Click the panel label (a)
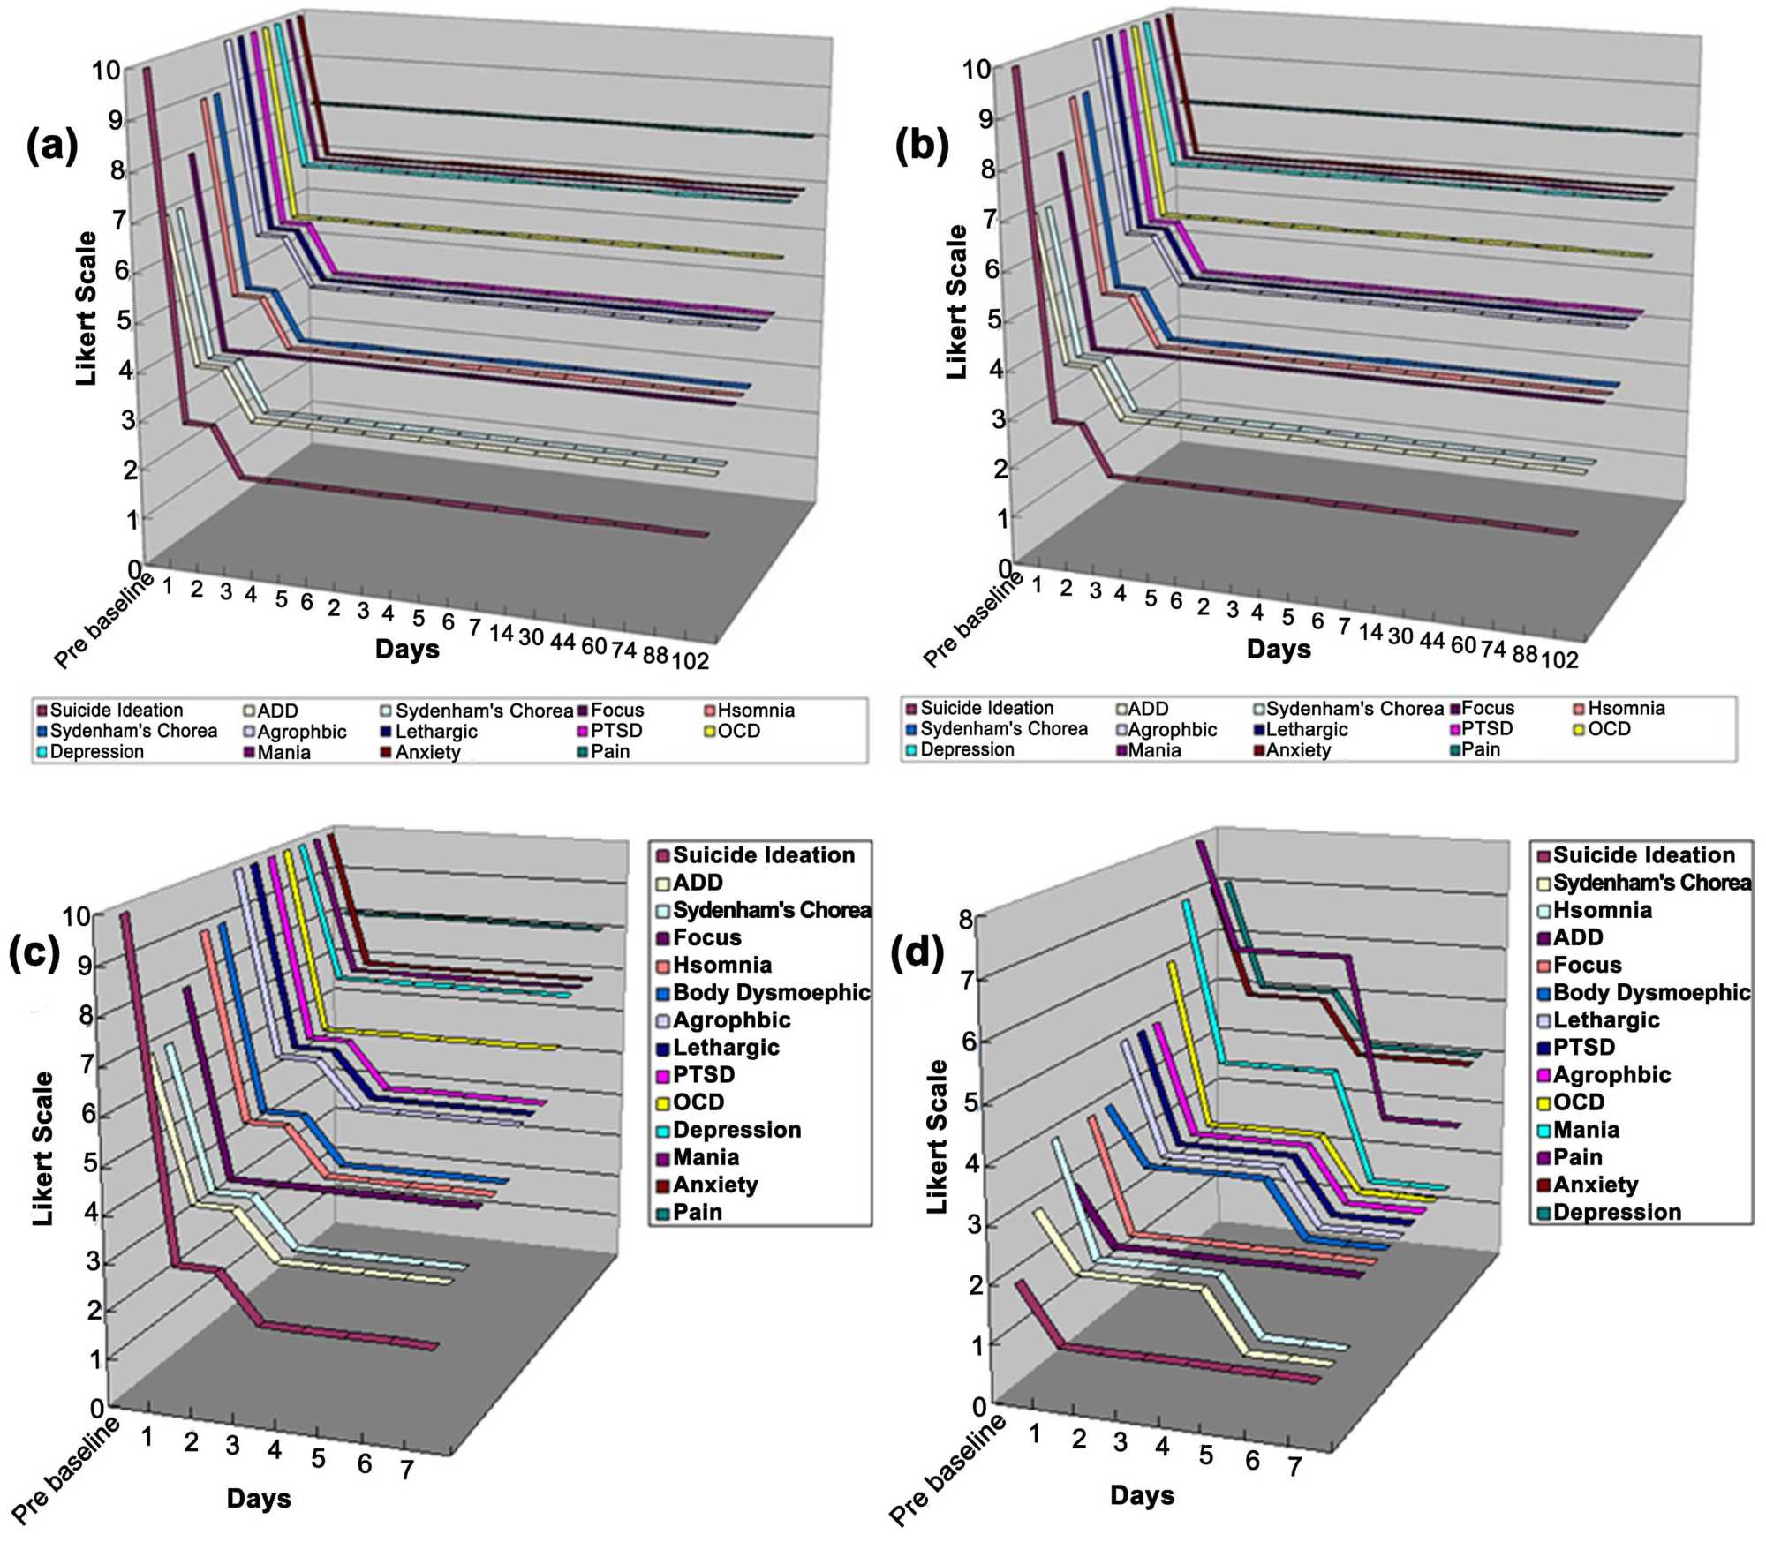click(x=52, y=147)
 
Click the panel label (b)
click(x=922, y=147)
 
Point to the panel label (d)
click(x=918, y=953)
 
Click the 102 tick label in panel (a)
click(x=691, y=660)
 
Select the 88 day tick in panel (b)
click(x=1524, y=654)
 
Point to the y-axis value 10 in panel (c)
click(x=77, y=915)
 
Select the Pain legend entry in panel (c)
click(x=697, y=1212)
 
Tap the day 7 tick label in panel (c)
click(x=407, y=1470)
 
